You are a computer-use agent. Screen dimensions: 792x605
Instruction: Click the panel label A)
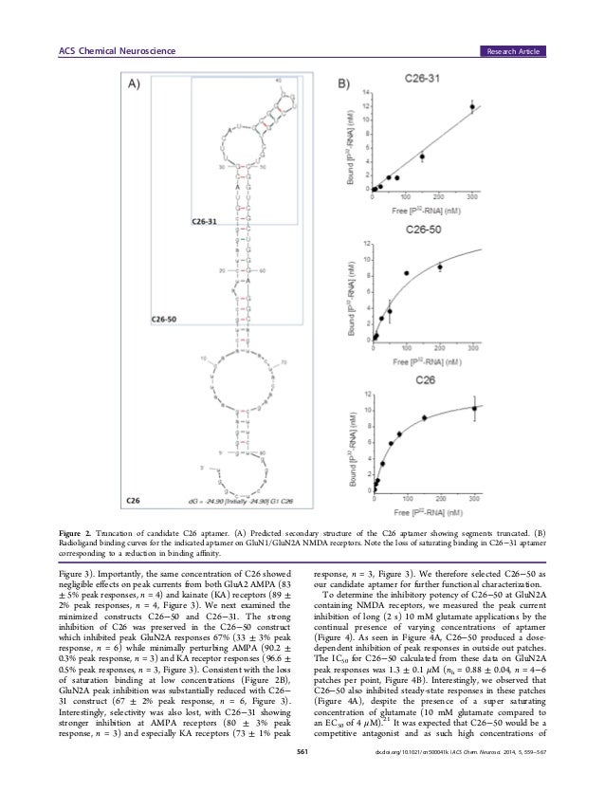pyautogui.click(x=135, y=83)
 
